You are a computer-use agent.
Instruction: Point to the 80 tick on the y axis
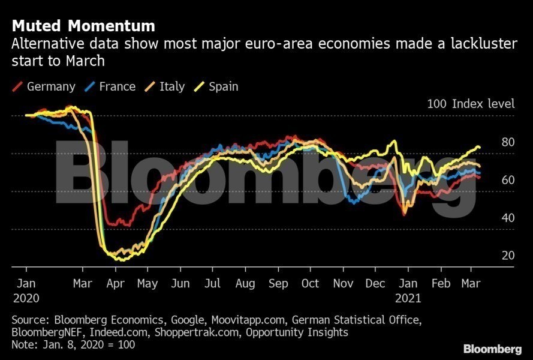[508, 142]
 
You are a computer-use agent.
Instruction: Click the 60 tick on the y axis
[508, 179]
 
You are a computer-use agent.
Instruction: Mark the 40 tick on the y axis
[508, 217]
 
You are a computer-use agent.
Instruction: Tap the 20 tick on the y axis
[508, 256]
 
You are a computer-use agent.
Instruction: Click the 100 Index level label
[471, 103]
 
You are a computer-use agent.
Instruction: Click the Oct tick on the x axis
[310, 284]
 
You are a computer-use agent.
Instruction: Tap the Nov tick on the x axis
[343, 284]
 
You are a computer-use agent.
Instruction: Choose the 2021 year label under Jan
[408, 298]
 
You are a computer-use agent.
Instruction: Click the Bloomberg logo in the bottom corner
[492, 349]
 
